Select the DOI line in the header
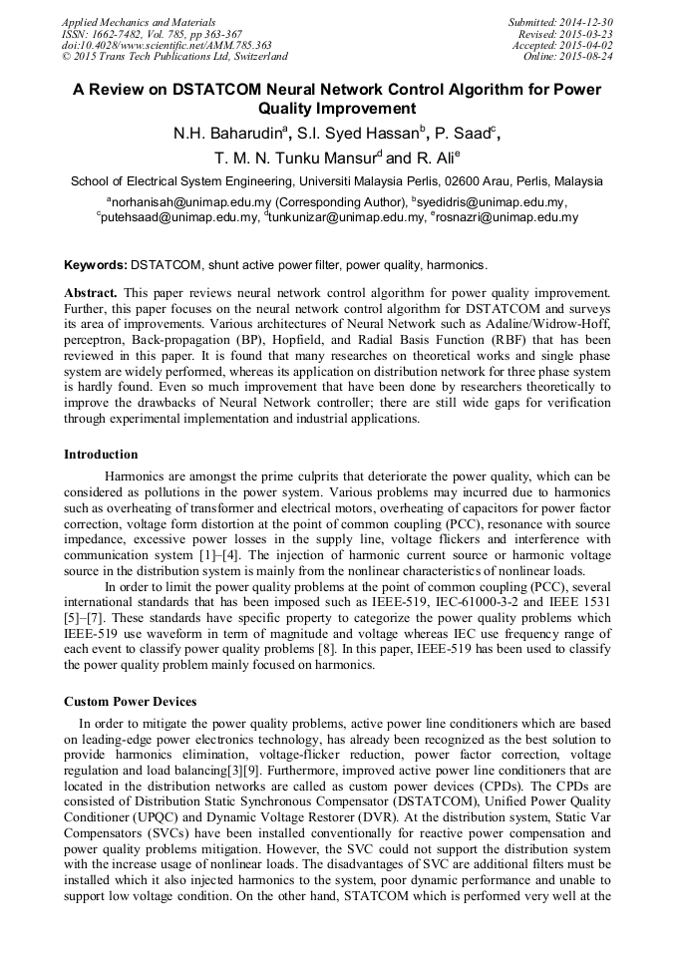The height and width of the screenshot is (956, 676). tap(168, 45)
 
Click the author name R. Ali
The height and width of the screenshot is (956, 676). tap(437, 159)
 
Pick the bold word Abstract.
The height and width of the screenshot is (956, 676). tap(90, 293)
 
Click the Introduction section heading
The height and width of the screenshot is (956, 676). tap(101, 455)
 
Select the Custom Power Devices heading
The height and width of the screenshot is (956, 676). tap(130, 702)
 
